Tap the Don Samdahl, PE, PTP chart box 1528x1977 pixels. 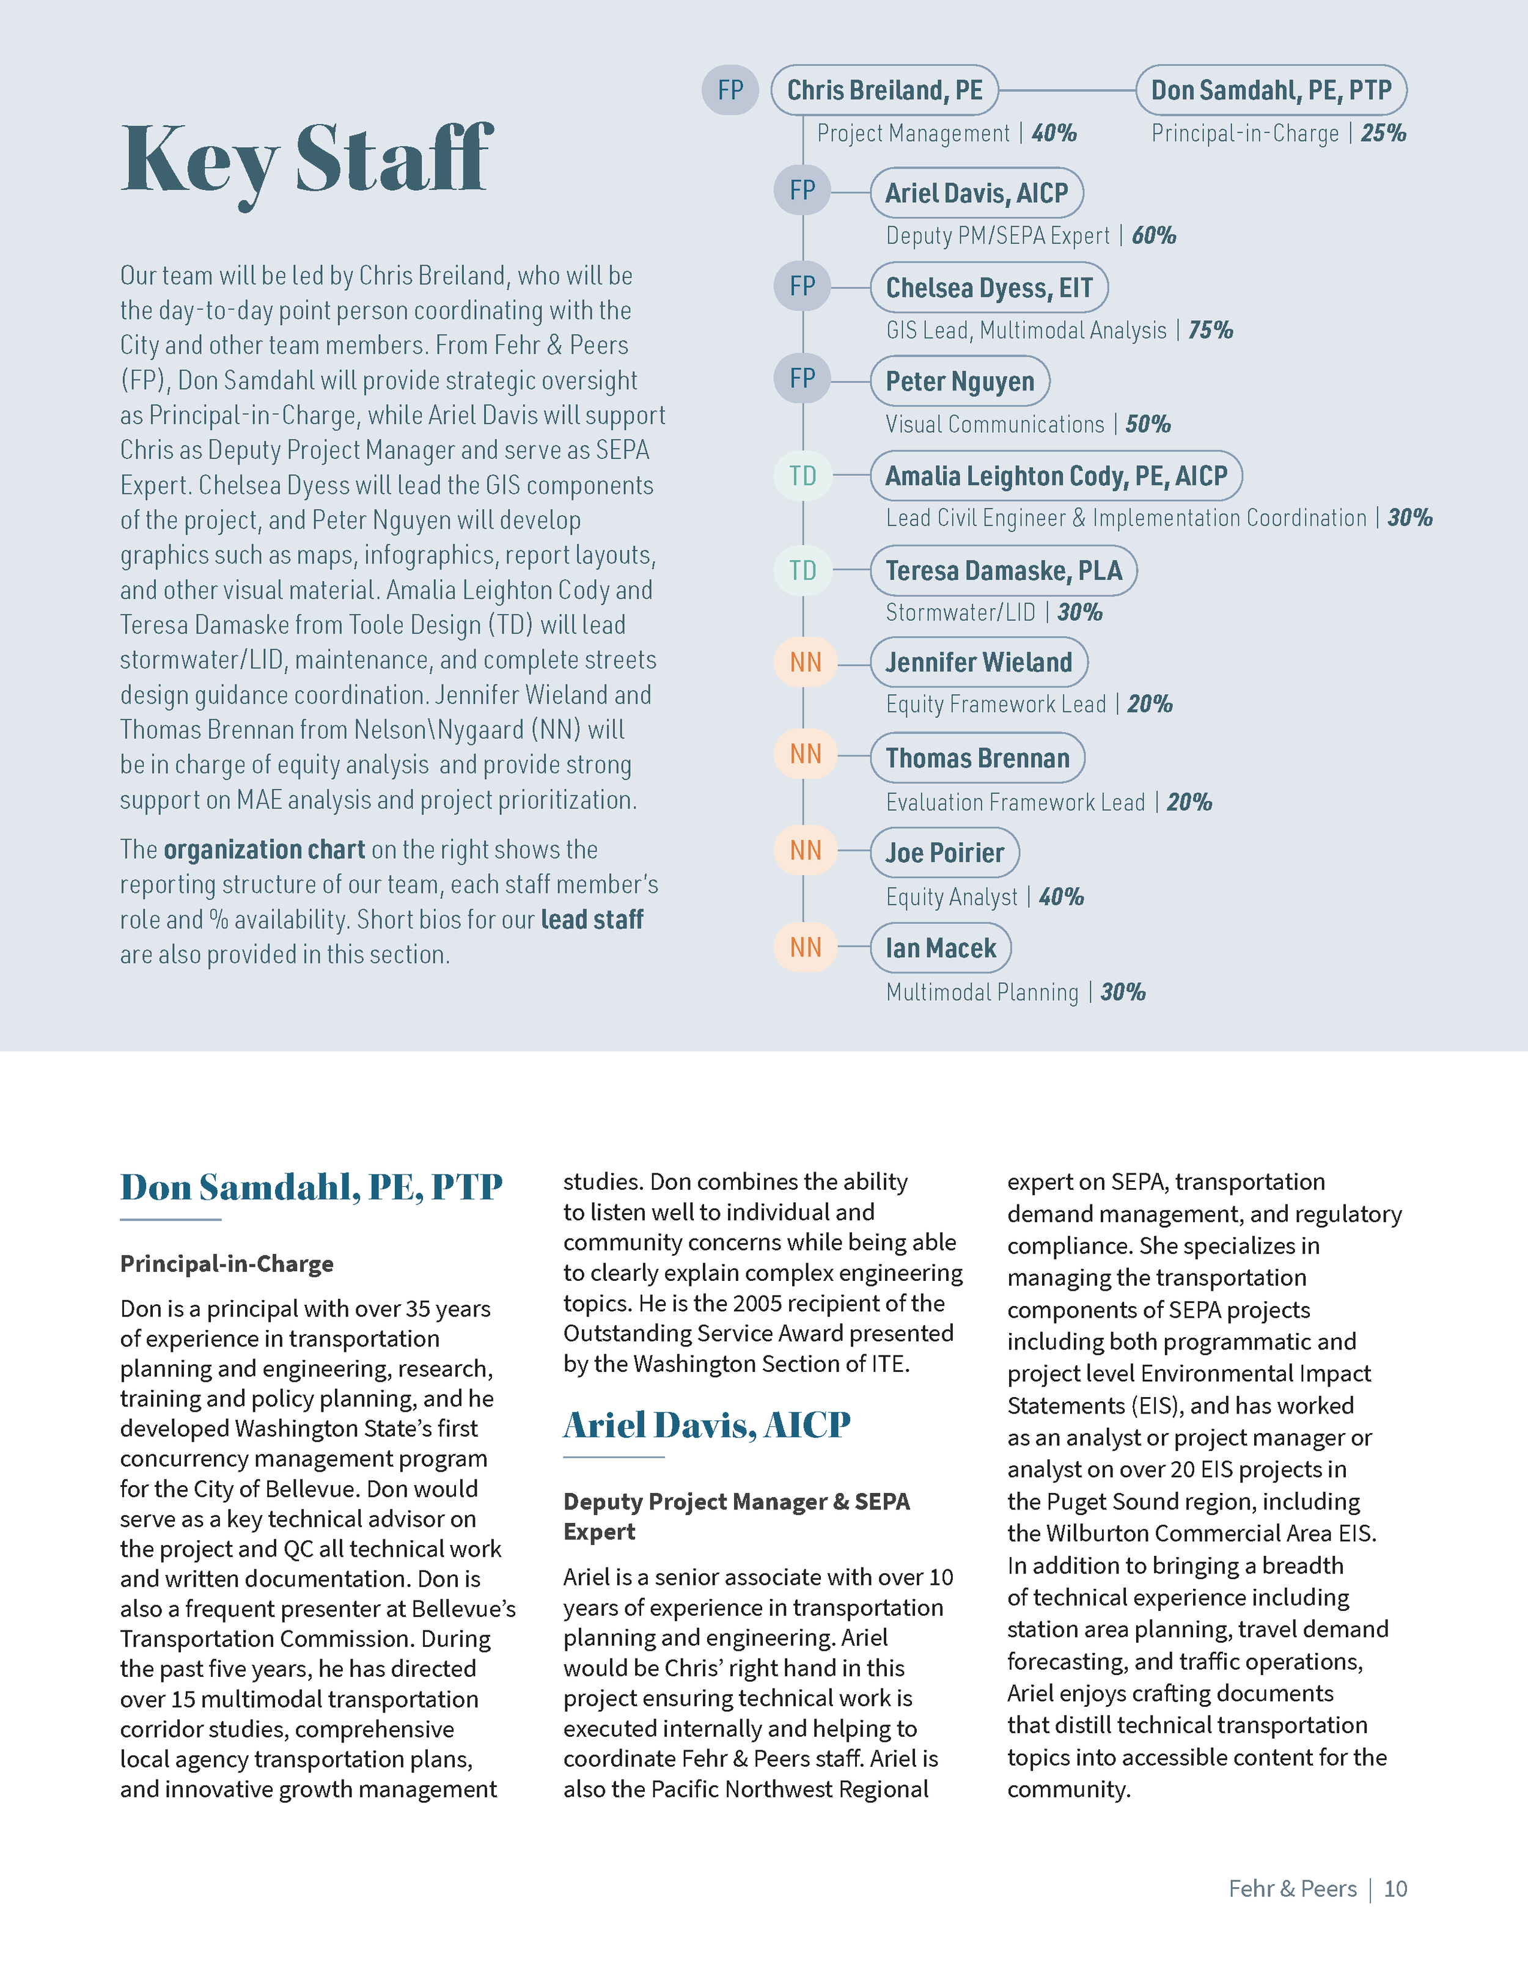pyautogui.click(x=1270, y=90)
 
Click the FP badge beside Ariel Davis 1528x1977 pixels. pyautogui.click(x=802, y=191)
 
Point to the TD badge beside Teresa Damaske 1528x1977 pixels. pyautogui.click(x=802, y=570)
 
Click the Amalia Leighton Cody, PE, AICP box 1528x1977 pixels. pyautogui.click(x=1056, y=476)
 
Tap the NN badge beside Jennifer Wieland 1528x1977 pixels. pyautogui.click(x=805, y=662)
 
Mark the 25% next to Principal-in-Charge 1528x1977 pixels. pyautogui.click(x=1383, y=133)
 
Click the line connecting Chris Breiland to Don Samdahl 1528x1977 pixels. pyautogui.click(x=1067, y=90)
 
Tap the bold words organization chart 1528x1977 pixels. pyautogui.click(x=264, y=850)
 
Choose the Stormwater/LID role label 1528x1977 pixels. pyautogui.click(x=960, y=613)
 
